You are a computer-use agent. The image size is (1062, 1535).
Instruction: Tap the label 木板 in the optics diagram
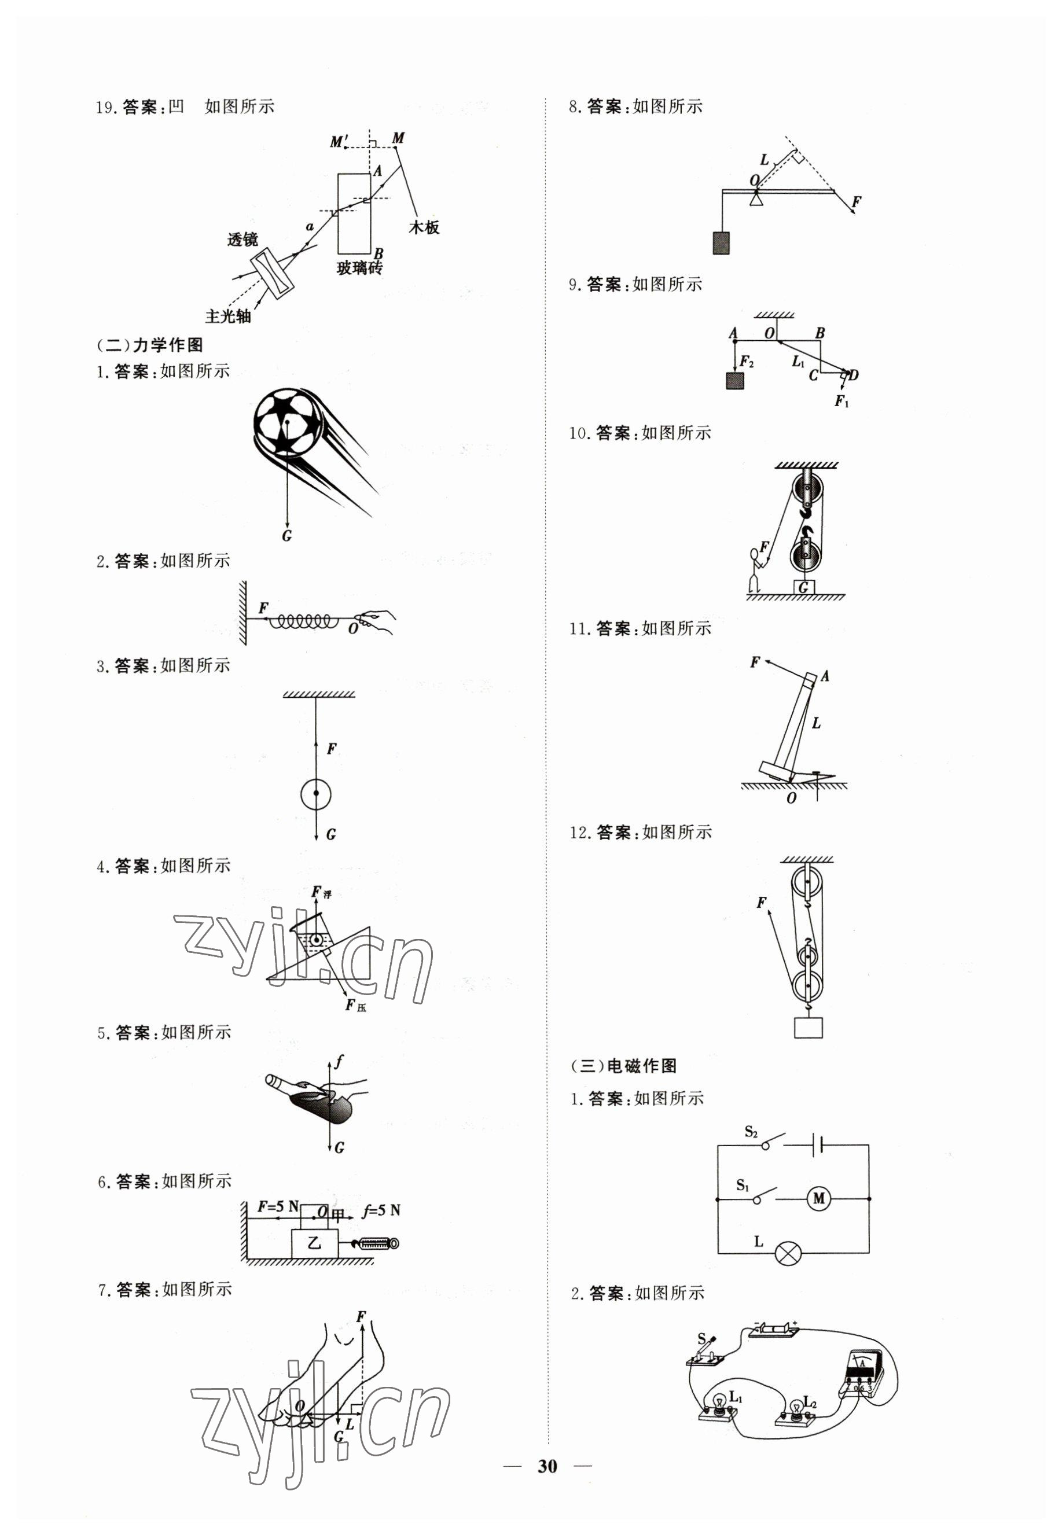point(424,227)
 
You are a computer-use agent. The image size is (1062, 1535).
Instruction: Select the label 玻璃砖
point(359,268)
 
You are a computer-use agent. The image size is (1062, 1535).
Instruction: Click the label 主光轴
point(228,316)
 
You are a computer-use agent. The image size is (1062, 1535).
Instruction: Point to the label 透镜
point(242,240)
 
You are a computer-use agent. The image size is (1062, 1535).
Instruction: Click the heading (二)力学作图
point(150,344)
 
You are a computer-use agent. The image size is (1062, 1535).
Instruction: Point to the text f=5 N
point(381,1210)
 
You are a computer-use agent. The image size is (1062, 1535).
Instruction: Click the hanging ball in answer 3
point(315,793)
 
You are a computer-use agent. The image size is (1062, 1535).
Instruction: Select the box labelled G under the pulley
point(804,587)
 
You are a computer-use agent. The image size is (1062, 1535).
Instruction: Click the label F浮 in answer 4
point(321,892)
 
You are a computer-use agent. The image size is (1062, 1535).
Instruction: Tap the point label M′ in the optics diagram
point(339,142)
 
